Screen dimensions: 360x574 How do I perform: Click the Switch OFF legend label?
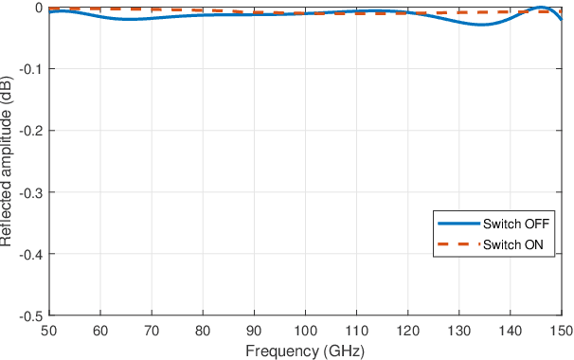tap(515, 225)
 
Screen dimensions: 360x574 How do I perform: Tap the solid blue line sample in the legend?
tap(458, 225)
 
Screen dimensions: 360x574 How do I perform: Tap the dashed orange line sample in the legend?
tap(458, 245)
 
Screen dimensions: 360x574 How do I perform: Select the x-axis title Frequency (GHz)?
tap(305, 351)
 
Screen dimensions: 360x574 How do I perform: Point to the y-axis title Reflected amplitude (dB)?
tap(7, 161)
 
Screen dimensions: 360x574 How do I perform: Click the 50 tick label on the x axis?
tap(48, 331)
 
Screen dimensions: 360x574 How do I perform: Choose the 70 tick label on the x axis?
tap(151, 331)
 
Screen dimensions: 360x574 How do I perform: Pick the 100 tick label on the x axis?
tap(305, 331)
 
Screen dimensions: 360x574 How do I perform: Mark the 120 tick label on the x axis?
tap(407, 331)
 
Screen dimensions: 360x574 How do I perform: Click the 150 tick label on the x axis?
tap(561, 331)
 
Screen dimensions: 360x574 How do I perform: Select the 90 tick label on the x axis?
tap(253, 331)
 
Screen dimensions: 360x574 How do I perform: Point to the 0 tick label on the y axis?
tap(38, 8)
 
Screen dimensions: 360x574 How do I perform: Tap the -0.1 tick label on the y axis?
tap(31, 69)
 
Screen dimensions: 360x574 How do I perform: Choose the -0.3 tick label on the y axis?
tap(31, 192)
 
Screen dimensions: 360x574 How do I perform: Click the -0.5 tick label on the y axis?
tap(31, 315)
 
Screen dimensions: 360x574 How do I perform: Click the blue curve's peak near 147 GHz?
tap(544, 8)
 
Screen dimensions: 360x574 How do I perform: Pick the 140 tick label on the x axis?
tap(510, 331)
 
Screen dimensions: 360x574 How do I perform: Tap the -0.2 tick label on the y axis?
tap(31, 131)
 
